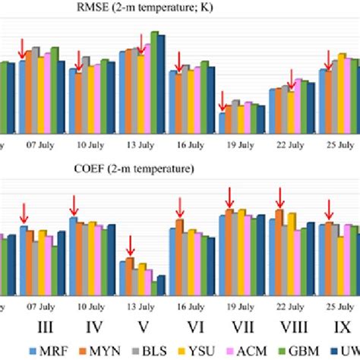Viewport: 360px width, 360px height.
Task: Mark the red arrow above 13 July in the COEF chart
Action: (x=130, y=245)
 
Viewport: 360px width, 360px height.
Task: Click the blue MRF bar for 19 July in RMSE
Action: (x=223, y=122)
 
